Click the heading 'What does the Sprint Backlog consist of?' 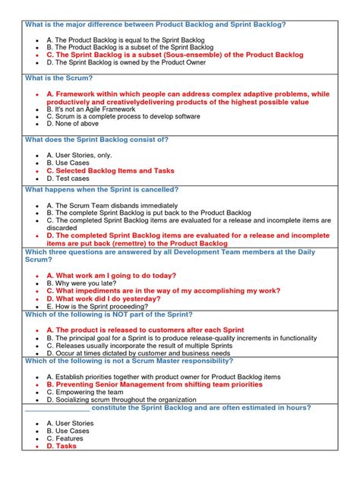[96, 140]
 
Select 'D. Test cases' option [71, 178]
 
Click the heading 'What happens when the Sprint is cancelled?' [102, 189]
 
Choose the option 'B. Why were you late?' [87, 283]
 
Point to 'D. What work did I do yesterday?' [108, 298]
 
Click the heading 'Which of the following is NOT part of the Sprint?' [109, 314]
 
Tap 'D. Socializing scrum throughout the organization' [125, 399]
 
